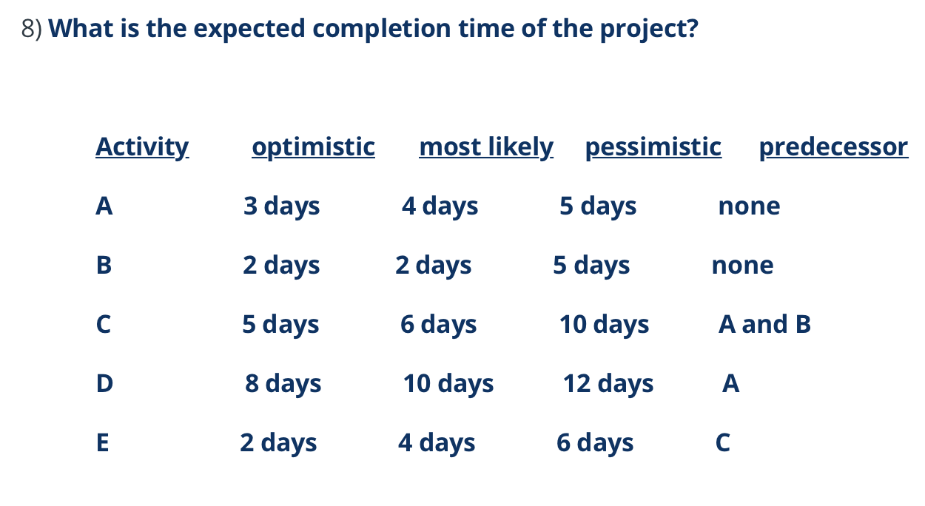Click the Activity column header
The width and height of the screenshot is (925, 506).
pyautogui.click(x=142, y=146)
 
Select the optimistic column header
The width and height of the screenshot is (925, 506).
pyautogui.click(x=313, y=146)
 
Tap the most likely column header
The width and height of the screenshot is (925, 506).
pyautogui.click(x=485, y=146)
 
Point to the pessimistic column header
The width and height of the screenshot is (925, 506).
pyautogui.click(x=653, y=146)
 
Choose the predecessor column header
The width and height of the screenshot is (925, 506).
pyautogui.click(x=833, y=146)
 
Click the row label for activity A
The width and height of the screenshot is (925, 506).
pyautogui.click(x=104, y=206)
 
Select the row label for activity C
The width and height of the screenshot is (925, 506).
pyautogui.click(x=104, y=324)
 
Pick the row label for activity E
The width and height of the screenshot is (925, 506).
pyautogui.click(x=103, y=442)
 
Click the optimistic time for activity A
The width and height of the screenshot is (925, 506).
pyautogui.click(x=281, y=206)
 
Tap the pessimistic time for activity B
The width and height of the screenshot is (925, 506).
pyautogui.click(x=591, y=265)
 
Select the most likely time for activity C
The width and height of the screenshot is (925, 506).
pyautogui.click(x=438, y=324)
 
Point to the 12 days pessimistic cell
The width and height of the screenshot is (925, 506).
pyautogui.click(x=608, y=383)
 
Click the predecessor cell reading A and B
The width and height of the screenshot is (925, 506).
pyautogui.click(x=764, y=324)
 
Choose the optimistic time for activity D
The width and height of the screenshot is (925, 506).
pyautogui.click(x=283, y=383)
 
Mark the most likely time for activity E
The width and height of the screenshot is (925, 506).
pyautogui.click(x=437, y=442)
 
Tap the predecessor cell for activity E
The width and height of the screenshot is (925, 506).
pyautogui.click(x=723, y=442)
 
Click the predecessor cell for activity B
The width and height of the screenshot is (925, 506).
pyautogui.click(x=742, y=265)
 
